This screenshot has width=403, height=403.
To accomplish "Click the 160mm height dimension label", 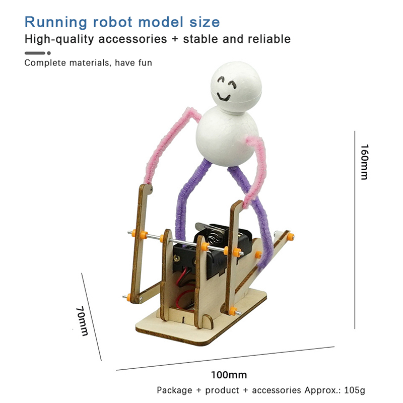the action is (364, 162).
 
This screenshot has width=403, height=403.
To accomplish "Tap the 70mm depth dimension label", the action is (82, 321).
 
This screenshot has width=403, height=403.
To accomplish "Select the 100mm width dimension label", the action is (229, 375).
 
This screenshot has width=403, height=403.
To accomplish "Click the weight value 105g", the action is (355, 390).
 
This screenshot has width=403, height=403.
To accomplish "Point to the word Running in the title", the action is (56, 22).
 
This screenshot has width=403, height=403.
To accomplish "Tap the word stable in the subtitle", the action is (200, 39).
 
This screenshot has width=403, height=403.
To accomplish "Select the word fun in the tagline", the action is (145, 62).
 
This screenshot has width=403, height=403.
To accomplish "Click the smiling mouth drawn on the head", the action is (223, 97).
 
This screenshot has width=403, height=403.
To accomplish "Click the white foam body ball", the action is (227, 136).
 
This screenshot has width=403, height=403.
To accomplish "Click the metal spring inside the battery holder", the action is (215, 237).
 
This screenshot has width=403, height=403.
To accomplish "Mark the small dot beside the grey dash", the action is (49, 53).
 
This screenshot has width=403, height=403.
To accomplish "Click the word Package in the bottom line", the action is (174, 390).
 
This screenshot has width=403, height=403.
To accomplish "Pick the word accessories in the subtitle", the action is (132, 39).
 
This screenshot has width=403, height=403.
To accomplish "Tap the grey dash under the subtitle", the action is (35, 53).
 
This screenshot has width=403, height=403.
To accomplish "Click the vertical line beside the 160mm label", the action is (355, 230).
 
